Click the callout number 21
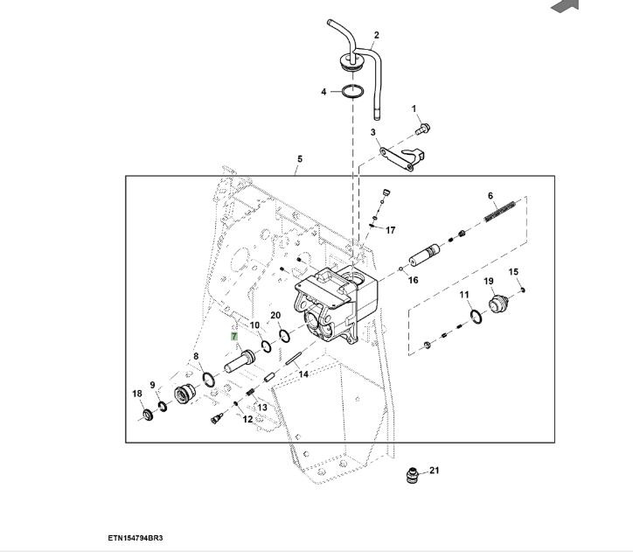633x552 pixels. [x=435, y=470]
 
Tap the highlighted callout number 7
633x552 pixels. [x=234, y=336]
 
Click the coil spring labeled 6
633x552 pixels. [x=501, y=210]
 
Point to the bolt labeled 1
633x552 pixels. [x=422, y=129]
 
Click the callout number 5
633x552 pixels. [x=299, y=159]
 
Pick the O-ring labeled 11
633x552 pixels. [x=474, y=316]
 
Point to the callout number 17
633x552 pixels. [x=390, y=230]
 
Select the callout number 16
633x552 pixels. [x=413, y=281]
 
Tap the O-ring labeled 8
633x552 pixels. [x=208, y=379]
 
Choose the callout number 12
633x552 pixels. [x=247, y=419]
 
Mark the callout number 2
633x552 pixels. [x=376, y=36]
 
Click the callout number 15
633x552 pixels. [x=513, y=272]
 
